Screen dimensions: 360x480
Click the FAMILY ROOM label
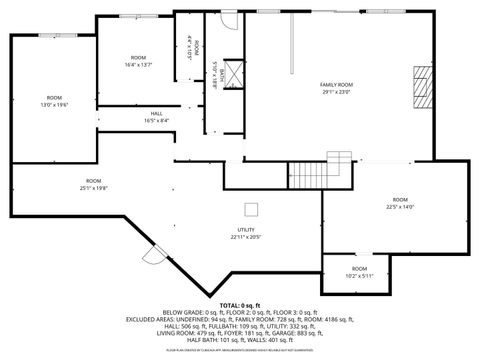[336, 84]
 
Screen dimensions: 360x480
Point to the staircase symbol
[340, 169]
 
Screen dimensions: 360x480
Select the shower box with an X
[234, 73]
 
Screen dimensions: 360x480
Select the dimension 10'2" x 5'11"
[359, 276]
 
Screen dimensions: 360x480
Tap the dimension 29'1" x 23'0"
[336, 92]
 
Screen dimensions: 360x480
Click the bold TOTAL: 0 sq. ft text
[240, 304]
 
